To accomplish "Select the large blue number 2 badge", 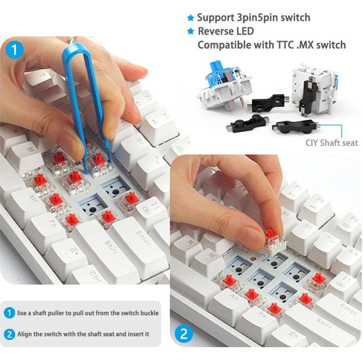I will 184,334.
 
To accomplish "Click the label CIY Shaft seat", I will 331,143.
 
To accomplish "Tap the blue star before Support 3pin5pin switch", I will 190,18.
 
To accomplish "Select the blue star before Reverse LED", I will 190,32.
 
